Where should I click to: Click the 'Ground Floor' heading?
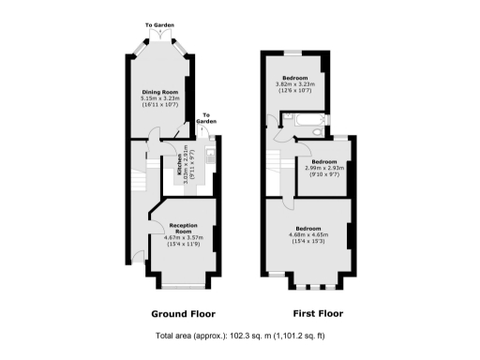pos(183,313)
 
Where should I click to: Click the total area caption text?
pos(240,336)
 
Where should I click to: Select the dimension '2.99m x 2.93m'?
pos(323,168)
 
